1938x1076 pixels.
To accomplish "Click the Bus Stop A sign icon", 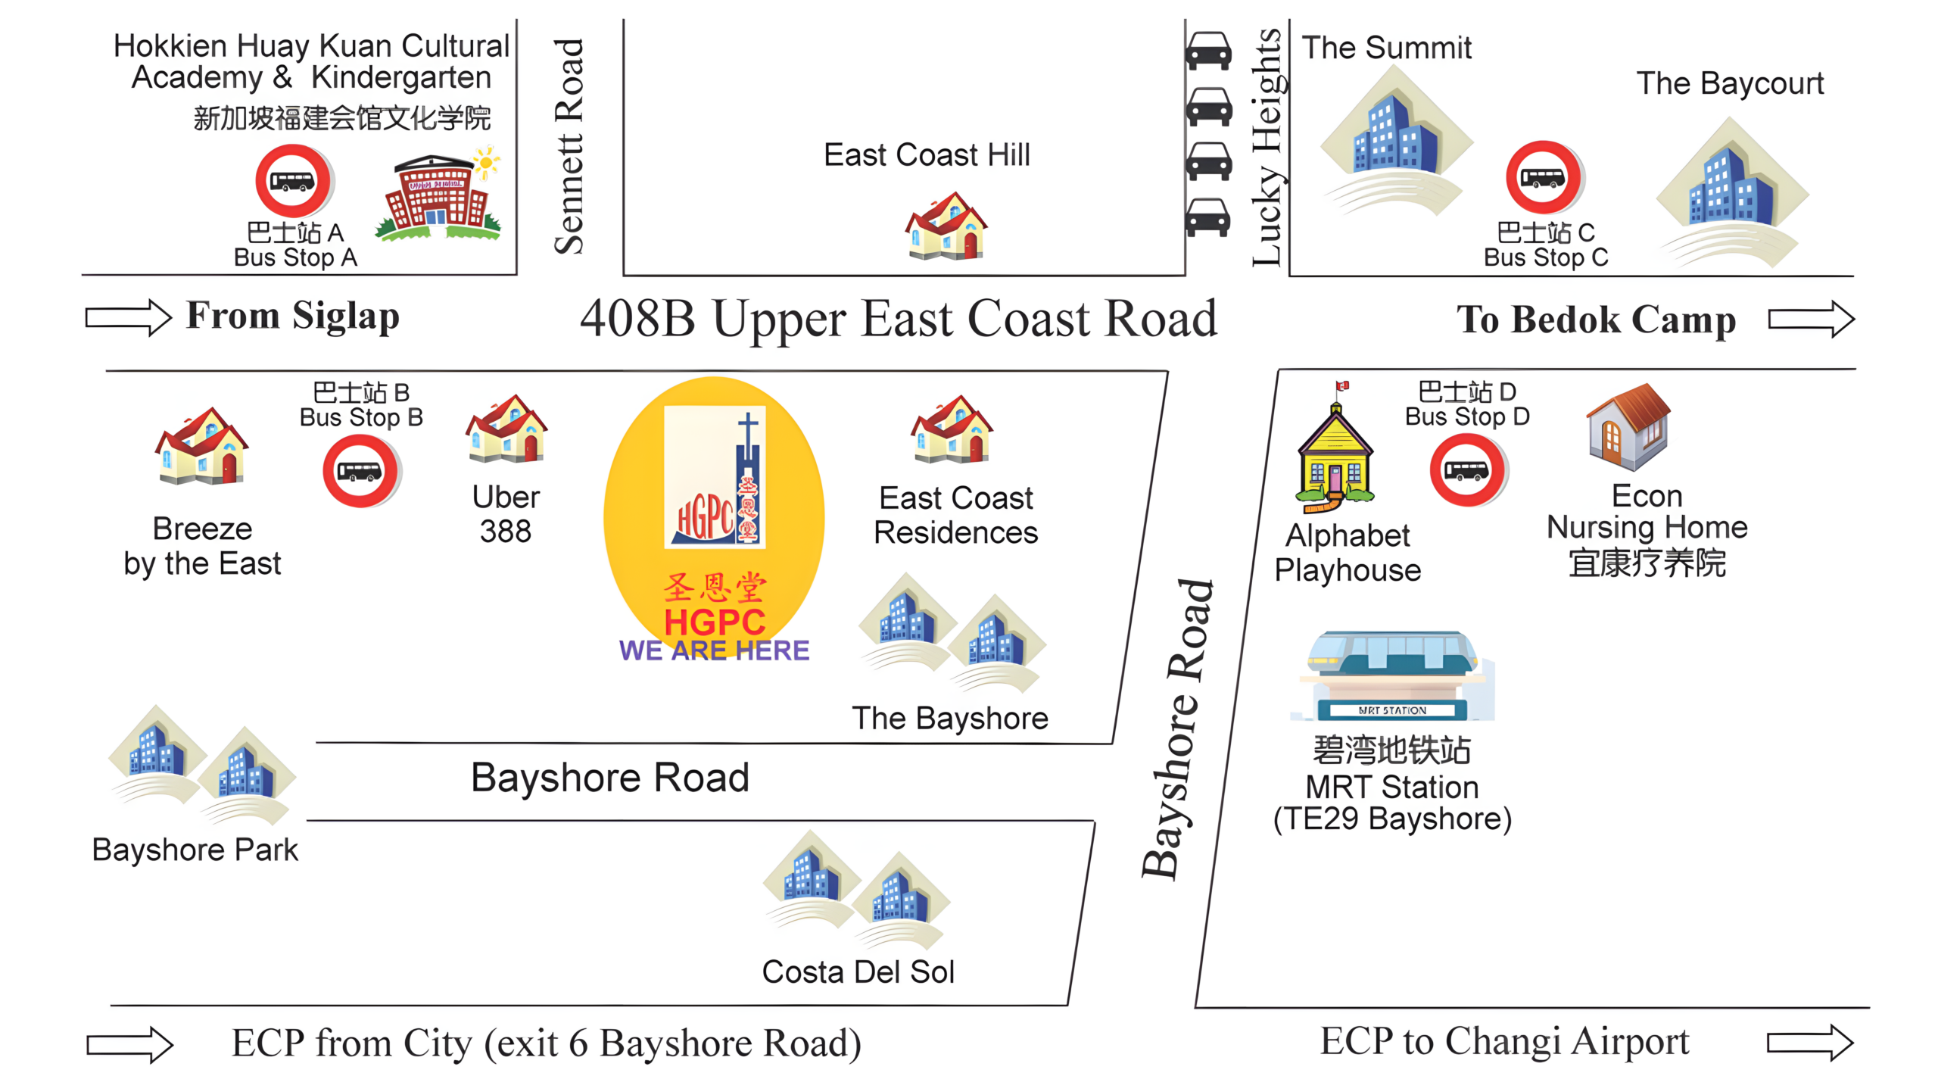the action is click(x=294, y=181).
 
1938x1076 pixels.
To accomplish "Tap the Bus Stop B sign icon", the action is click(x=361, y=471).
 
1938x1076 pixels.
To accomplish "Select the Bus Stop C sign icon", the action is click(x=1544, y=178).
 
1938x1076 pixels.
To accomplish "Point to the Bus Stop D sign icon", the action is click(x=1468, y=470).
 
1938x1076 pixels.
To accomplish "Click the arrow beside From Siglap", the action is click(x=129, y=317).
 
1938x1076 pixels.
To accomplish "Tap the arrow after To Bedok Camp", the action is click(x=1811, y=319).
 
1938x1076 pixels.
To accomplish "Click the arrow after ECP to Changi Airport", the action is click(x=1810, y=1043).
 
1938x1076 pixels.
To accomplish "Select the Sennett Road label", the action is click(x=569, y=146).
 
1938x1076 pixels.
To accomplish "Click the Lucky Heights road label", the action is click(x=1267, y=147).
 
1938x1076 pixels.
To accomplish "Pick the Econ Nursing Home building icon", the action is click(x=1628, y=427).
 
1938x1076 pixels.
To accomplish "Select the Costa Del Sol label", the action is click(x=858, y=972).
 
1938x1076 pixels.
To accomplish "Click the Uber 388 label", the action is click(x=506, y=514).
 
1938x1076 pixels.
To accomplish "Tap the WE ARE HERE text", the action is click(x=714, y=650).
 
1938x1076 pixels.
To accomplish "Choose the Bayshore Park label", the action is click(x=195, y=850).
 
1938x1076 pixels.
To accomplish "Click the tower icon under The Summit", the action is click(x=1396, y=139).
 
